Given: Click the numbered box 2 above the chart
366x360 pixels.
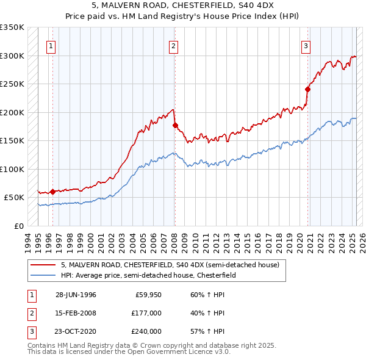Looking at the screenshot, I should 174,45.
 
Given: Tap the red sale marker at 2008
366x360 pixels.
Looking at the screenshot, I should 175,126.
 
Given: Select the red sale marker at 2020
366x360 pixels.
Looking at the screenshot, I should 307,90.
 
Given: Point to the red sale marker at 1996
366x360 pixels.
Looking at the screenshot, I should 52,192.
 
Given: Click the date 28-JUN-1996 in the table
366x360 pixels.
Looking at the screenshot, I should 76,295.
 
